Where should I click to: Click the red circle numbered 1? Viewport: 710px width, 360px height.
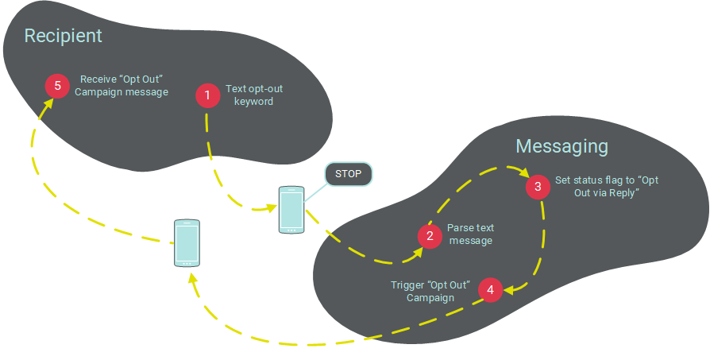click(x=207, y=95)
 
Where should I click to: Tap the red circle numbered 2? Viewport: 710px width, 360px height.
click(x=430, y=235)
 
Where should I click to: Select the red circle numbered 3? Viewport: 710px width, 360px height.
click(x=538, y=187)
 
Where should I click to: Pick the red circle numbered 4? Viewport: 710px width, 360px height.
click(x=490, y=290)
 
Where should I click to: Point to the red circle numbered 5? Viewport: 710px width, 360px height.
click(x=57, y=85)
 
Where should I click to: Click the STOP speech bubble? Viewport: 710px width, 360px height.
click(x=348, y=174)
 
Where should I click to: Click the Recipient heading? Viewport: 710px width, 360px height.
click(x=63, y=36)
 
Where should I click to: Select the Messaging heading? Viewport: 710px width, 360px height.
click(x=561, y=146)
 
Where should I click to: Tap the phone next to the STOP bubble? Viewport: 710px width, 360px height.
click(x=291, y=209)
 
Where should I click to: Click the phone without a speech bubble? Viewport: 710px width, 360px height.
click(x=186, y=242)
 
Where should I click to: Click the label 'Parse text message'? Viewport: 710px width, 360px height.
click(x=469, y=234)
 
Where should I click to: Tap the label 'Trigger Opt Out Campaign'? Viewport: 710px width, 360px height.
click(x=430, y=292)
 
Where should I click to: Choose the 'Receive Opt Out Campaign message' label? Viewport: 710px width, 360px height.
click(x=126, y=85)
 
